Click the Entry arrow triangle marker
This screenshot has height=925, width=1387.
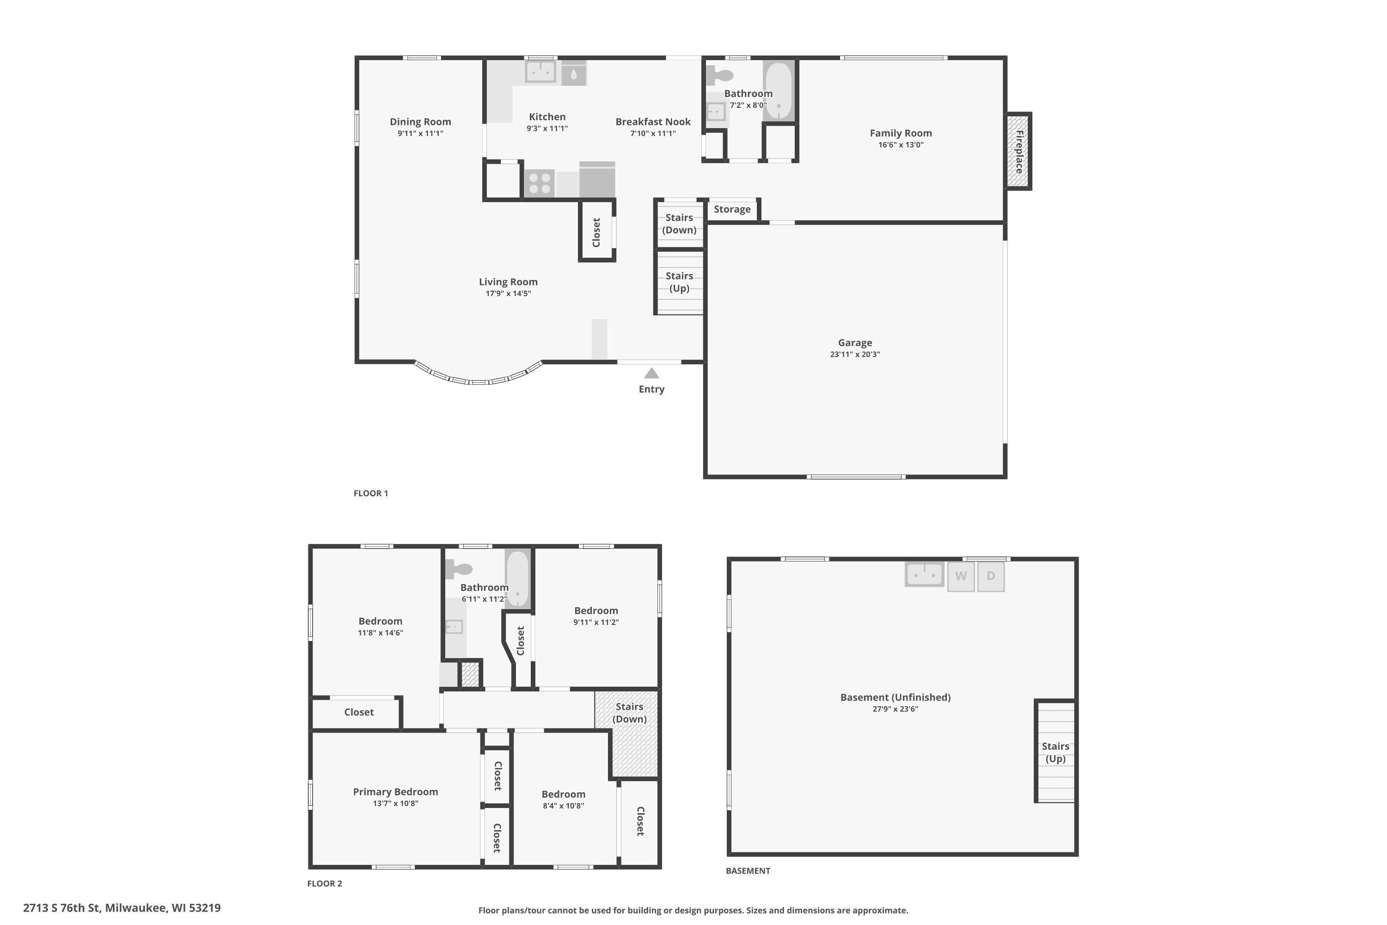point(651,373)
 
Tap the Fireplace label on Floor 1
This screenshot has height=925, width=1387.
point(1019,152)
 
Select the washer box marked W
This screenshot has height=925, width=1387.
point(961,576)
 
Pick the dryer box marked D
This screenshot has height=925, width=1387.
point(991,576)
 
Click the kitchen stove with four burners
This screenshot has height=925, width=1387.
point(540,182)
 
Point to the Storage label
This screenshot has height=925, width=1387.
point(732,210)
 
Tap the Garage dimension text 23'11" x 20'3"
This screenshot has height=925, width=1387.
point(854,355)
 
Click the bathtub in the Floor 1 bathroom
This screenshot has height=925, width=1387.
point(779,91)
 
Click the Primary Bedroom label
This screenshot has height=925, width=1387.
point(395,792)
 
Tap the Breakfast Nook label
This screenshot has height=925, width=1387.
point(653,122)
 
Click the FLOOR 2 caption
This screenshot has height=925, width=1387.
point(325,883)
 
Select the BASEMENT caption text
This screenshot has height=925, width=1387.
point(748,871)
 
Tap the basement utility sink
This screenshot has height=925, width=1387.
point(924,574)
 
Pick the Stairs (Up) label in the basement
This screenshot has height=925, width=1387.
point(1055,752)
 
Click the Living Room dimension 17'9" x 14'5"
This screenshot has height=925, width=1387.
point(508,294)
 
